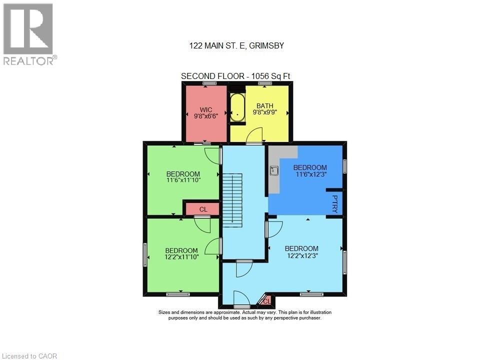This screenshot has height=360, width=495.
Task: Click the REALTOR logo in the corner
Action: click(29, 34)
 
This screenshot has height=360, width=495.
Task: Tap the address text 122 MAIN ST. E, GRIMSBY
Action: click(236, 45)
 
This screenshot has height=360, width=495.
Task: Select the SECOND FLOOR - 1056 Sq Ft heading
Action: click(235, 76)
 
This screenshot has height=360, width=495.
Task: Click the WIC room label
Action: click(206, 109)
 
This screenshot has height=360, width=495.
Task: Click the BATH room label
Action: click(264, 105)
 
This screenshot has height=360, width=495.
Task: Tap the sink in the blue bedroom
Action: click(273, 170)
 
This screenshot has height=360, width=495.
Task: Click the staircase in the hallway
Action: click(232, 197)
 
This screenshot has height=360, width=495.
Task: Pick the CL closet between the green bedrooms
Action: click(203, 209)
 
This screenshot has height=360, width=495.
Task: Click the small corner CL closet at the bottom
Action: click(266, 300)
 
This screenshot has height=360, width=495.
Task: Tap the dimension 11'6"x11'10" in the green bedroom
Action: click(183, 180)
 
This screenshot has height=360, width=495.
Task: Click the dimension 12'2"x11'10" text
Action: click(182, 257)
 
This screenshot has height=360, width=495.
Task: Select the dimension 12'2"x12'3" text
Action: click(301, 255)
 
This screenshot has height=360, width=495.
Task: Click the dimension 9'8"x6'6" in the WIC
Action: click(206, 115)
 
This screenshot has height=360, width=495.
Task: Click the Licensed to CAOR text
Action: click(29, 356)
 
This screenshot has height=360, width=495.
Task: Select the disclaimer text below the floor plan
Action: click(244, 315)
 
